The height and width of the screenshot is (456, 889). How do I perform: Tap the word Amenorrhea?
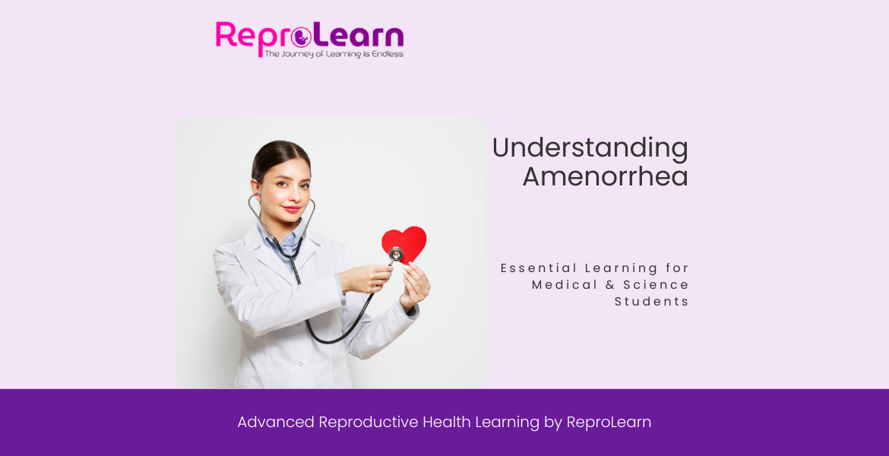[x=605, y=177]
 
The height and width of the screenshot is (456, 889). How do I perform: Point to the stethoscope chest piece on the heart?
[x=396, y=255]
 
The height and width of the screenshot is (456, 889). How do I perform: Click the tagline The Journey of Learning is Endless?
[x=334, y=54]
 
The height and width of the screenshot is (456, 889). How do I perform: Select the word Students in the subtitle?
[x=652, y=302]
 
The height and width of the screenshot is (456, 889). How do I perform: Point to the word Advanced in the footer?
[x=275, y=423]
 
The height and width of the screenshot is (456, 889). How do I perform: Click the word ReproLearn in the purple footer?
[x=609, y=423]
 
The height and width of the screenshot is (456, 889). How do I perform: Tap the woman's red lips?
[x=291, y=208]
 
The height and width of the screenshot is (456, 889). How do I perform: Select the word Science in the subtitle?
[x=656, y=285]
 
